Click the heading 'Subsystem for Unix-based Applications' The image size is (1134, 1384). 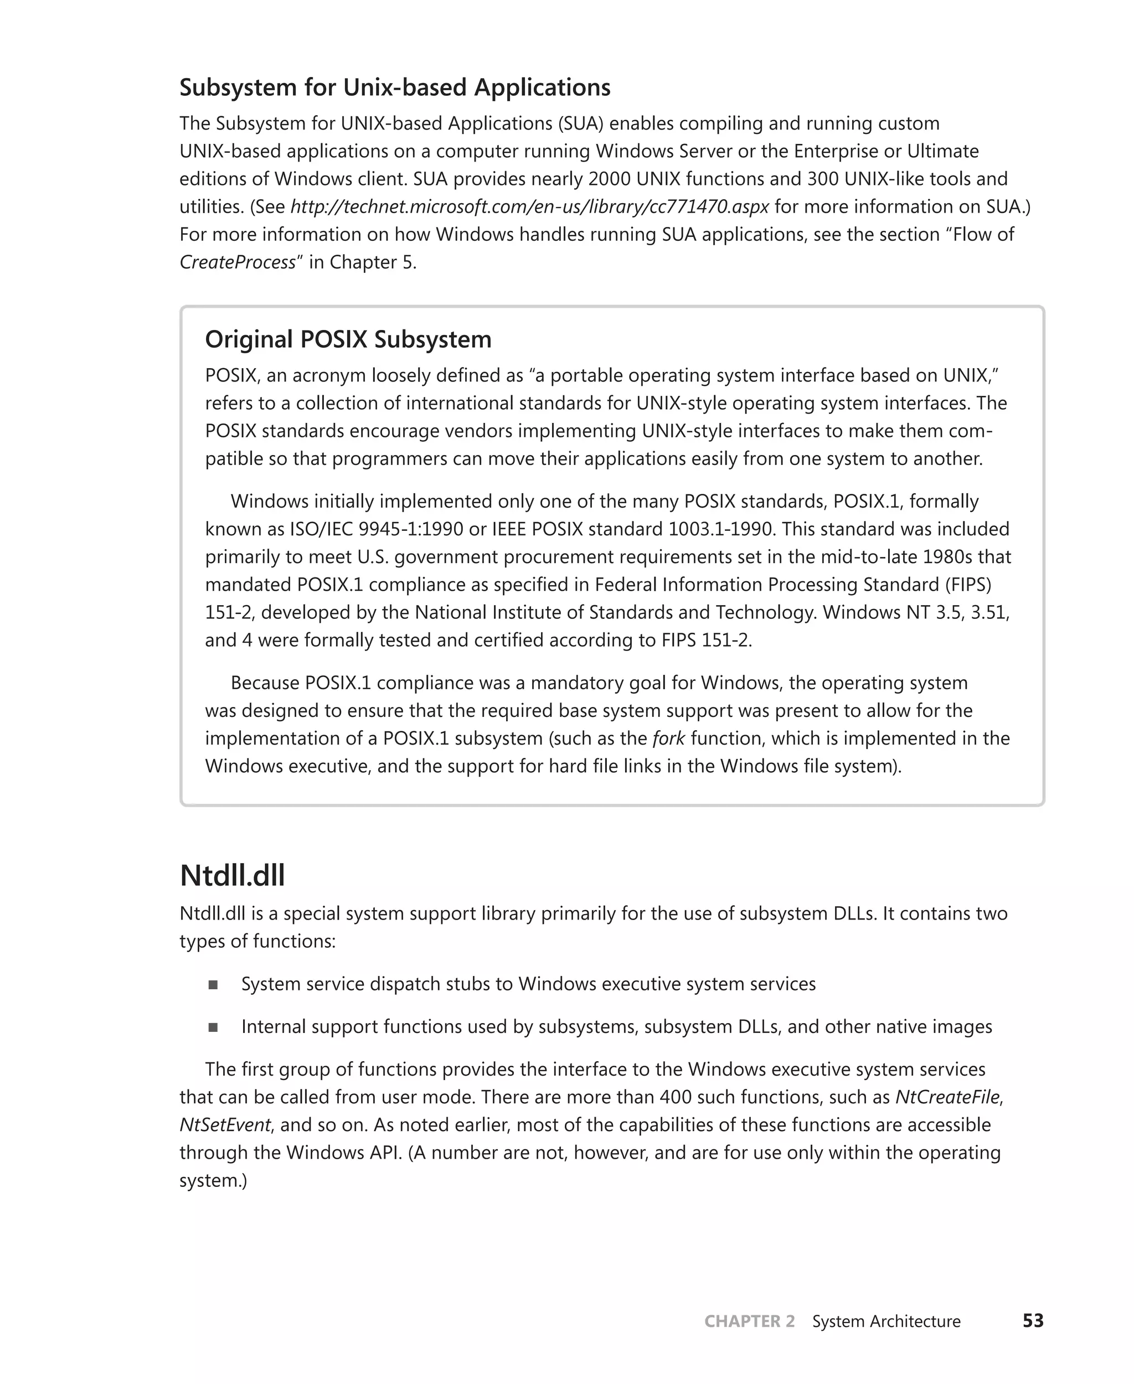(395, 87)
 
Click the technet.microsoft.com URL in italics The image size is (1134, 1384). (529, 206)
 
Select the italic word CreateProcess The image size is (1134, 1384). (237, 262)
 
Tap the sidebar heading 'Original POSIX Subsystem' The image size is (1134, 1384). (348, 339)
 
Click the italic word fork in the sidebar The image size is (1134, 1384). (668, 738)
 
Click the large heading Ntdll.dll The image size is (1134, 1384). (232, 875)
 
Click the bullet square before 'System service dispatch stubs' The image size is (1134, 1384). (213, 984)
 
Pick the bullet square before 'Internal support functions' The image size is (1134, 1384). (213, 1027)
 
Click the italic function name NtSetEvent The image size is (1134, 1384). (225, 1125)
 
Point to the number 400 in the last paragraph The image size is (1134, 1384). (676, 1097)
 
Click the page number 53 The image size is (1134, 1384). (1033, 1321)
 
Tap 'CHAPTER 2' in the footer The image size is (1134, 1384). (749, 1321)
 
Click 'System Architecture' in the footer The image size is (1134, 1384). (886, 1321)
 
